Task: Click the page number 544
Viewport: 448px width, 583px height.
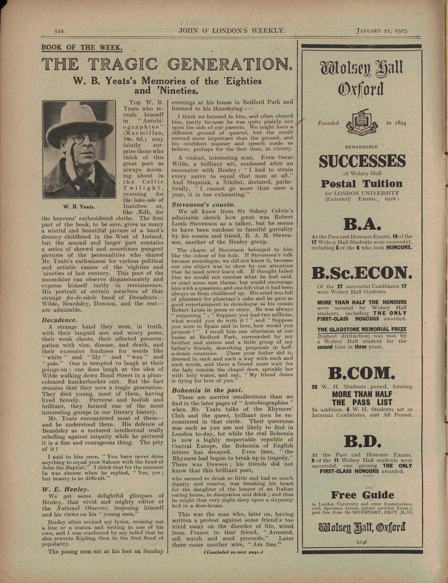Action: coord(59,31)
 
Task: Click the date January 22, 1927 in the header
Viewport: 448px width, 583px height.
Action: coord(382,31)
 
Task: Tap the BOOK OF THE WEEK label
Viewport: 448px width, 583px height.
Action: coord(82,48)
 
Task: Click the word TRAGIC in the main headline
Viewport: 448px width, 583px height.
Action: coord(125,64)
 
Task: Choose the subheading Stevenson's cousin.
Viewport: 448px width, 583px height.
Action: coord(204,205)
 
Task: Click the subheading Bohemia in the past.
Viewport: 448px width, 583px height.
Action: coord(207,390)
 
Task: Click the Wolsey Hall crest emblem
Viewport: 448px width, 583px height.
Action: coord(362,123)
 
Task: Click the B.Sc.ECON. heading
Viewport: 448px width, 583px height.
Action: coord(362,273)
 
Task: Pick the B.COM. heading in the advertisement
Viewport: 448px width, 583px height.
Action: coord(362,374)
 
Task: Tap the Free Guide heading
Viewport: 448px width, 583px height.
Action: coord(362,495)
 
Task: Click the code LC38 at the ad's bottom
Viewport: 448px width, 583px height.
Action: coord(362,542)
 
